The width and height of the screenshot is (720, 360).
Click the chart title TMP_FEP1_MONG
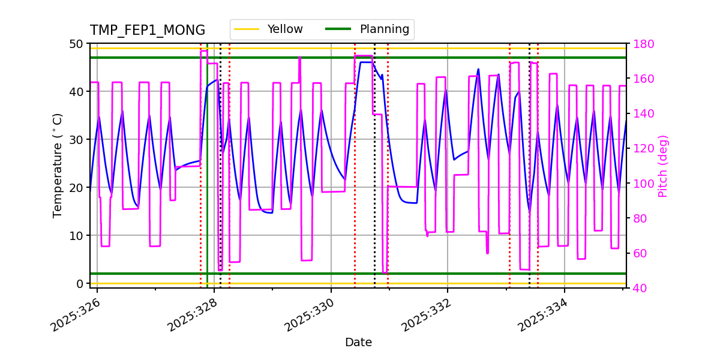(x=147, y=31)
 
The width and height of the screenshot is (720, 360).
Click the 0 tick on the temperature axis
(x=79, y=283)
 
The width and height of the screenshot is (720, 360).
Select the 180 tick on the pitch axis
(x=643, y=44)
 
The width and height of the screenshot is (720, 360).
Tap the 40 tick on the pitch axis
(x=640, y=289)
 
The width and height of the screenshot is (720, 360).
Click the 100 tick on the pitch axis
(x=643, y=184)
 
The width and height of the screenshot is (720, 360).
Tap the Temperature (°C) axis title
(x=58, y=165)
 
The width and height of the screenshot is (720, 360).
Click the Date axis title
(x=358, y=343)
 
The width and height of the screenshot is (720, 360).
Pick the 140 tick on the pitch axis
(x=643, y=113)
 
